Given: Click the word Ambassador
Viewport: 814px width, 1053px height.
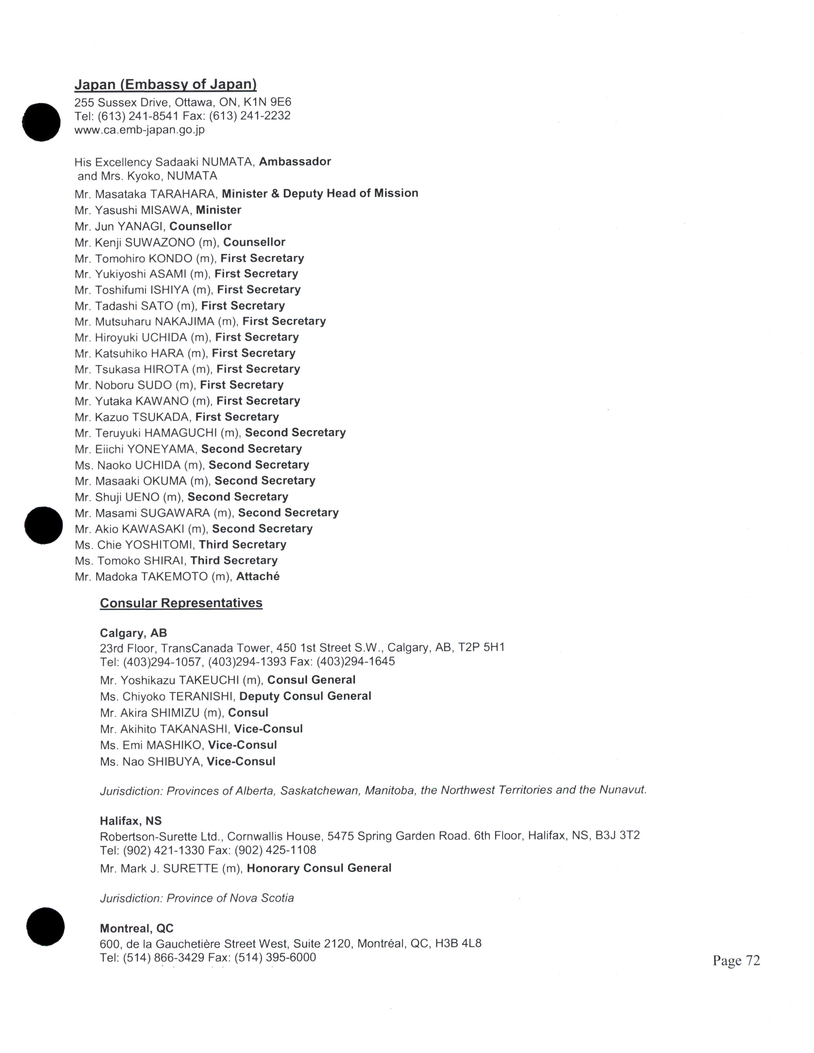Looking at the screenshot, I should click(295, 161).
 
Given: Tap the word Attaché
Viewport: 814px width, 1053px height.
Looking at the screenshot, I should click(258, 577).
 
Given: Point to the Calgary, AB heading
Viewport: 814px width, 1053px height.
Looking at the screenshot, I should click(133, 633).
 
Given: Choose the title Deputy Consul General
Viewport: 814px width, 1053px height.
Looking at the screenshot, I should click(305, 696).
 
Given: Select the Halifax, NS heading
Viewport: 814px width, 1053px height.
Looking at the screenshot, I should click(131, 821).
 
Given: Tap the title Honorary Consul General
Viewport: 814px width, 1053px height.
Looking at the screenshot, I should click(319, 868).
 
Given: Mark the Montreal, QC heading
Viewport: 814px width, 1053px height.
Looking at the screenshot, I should click(137, 929).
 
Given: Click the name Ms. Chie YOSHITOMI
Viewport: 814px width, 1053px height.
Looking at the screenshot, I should click(134, 545).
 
